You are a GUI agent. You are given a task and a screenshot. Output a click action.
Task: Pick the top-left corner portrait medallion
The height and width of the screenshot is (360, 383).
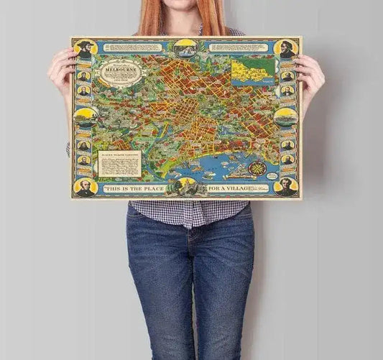86,49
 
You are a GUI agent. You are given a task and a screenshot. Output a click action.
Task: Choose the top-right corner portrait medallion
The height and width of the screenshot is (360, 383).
287,49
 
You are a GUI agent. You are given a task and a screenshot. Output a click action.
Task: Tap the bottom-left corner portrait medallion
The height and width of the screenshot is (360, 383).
86,186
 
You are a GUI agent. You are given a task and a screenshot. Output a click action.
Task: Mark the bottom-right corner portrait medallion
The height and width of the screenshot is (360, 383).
287,186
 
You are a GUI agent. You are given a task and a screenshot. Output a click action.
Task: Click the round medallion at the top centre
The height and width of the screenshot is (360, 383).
187,47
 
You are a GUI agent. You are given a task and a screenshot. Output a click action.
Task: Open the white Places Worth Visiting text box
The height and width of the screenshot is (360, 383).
119,162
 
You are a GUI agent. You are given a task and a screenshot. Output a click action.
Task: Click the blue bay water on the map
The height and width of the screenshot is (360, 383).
216,169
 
